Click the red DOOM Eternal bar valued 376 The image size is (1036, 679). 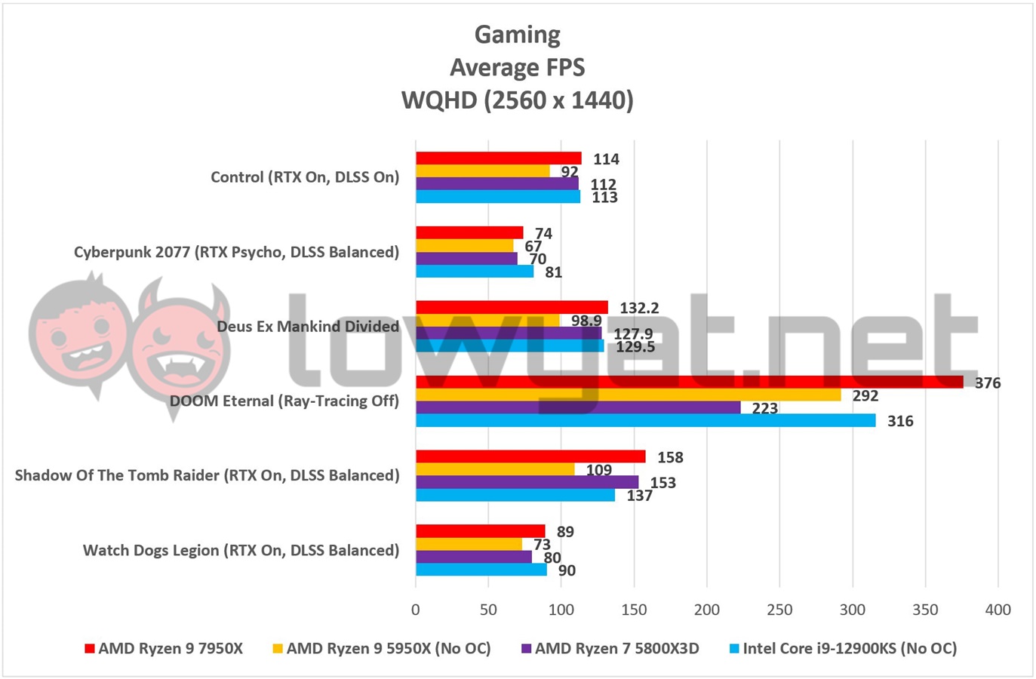689,382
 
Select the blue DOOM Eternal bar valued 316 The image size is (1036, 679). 645,420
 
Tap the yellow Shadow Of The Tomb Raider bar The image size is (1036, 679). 494,469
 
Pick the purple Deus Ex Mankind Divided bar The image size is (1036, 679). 508,333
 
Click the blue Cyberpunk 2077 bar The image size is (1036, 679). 474,271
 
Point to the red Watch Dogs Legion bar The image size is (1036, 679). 480,531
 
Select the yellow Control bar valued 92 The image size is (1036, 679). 482,171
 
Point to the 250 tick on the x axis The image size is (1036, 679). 779,610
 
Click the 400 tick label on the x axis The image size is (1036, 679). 998,610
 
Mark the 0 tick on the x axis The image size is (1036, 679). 416,610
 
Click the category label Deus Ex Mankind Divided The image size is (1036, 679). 308,327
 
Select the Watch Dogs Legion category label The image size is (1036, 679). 241,550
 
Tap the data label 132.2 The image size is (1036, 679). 639,308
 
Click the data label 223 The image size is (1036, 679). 764,408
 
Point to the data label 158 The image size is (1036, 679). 670,457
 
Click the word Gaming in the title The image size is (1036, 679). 518,35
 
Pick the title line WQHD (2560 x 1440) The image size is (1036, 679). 518,100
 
